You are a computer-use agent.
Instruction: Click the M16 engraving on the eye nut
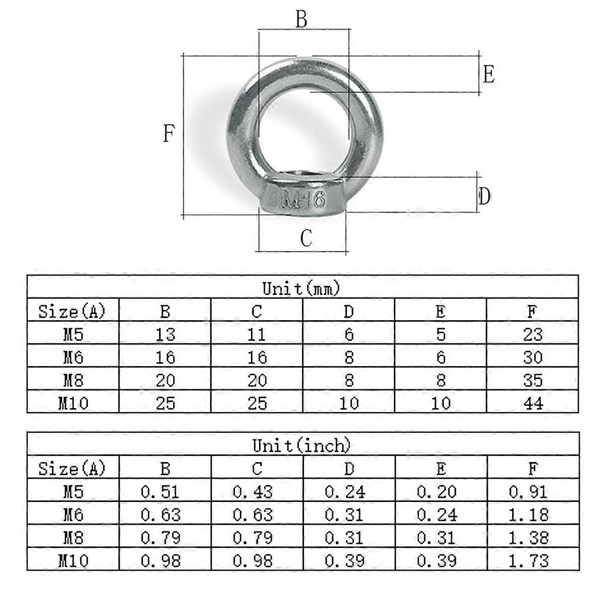(x=303, y=200)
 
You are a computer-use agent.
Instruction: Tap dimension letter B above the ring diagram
(x=301, y=20)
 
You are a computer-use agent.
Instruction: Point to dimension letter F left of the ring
(x=169, y=134)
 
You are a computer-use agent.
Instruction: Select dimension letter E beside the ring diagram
(x=488, y=75)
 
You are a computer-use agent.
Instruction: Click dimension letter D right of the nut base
(x=484, y=196)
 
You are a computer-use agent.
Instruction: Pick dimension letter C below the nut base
(x=306, y=238)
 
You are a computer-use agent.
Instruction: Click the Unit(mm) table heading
(x=301, y=288)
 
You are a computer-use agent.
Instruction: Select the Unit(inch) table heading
(x=301, y=445)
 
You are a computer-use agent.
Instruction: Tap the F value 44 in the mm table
(x=533, y=403)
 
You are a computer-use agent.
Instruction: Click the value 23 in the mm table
(x=533, y=334)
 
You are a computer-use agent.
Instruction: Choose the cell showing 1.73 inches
(x=529, y=561)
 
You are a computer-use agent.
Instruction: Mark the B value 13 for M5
(x=165, y=334)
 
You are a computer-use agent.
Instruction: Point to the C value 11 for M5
(x=257, y=334)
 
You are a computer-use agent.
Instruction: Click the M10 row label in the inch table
(x=73, y=561)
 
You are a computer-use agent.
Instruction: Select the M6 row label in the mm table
(x=73, y=358)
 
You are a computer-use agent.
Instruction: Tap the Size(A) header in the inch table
(x=72, y=469)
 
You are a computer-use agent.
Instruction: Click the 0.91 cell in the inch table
(x=528, y=492)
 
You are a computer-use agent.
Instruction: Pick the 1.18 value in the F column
(x=529, y=515)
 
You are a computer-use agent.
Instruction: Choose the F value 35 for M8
(x=533, y=380)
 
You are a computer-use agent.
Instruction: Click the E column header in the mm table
(x=440, y=312)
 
